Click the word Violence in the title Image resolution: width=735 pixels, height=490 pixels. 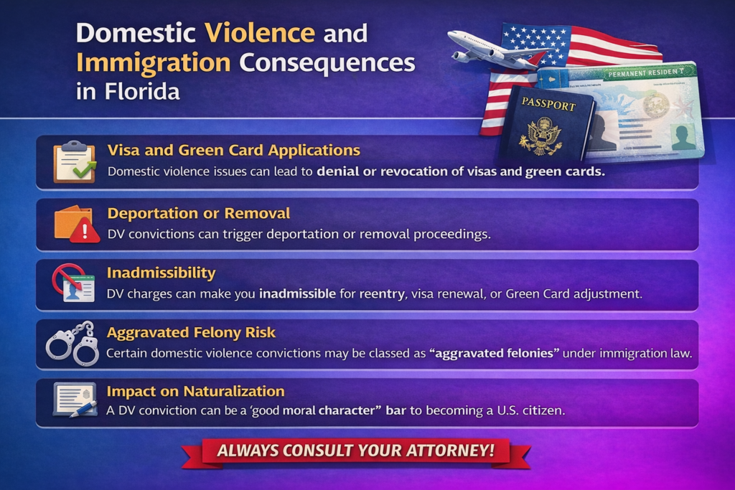[259, 33]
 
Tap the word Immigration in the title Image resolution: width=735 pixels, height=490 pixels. [153, 63]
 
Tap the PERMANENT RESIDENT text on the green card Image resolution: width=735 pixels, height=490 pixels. [650, 74]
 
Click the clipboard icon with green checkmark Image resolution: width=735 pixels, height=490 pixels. [74, 162]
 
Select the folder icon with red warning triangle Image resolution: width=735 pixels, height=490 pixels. [76, 224]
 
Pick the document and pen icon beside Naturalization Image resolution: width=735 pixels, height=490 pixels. [74, 401]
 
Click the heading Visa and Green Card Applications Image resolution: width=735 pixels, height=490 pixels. [233, 150]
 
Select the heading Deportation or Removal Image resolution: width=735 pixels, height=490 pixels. [198, 213]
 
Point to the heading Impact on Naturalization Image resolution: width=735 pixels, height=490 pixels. [195, 391]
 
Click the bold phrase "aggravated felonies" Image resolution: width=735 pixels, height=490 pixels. [487, 353]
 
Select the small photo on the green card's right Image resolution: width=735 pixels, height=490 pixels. [682, 134]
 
